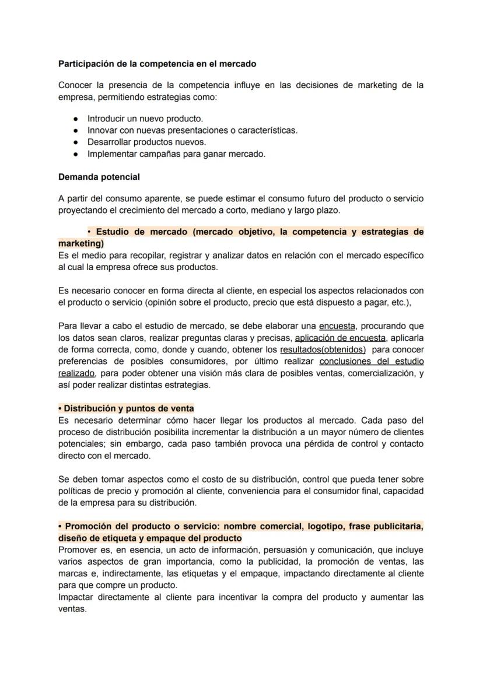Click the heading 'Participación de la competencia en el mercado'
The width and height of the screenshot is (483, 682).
point(157,63)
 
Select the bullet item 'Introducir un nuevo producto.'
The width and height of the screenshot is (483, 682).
point(145,118)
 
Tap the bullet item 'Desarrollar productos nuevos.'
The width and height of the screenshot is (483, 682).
point(146,142)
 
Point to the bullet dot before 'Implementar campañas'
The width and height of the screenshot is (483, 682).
point(76,154)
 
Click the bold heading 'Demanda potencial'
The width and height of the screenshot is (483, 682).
point(99,176)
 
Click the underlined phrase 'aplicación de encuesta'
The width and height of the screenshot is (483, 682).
point(340,338)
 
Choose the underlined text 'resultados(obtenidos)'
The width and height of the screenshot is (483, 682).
point(323,349)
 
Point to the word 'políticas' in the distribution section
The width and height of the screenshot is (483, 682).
point(75,491)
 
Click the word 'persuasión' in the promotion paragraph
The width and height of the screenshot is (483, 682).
point(285,550)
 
